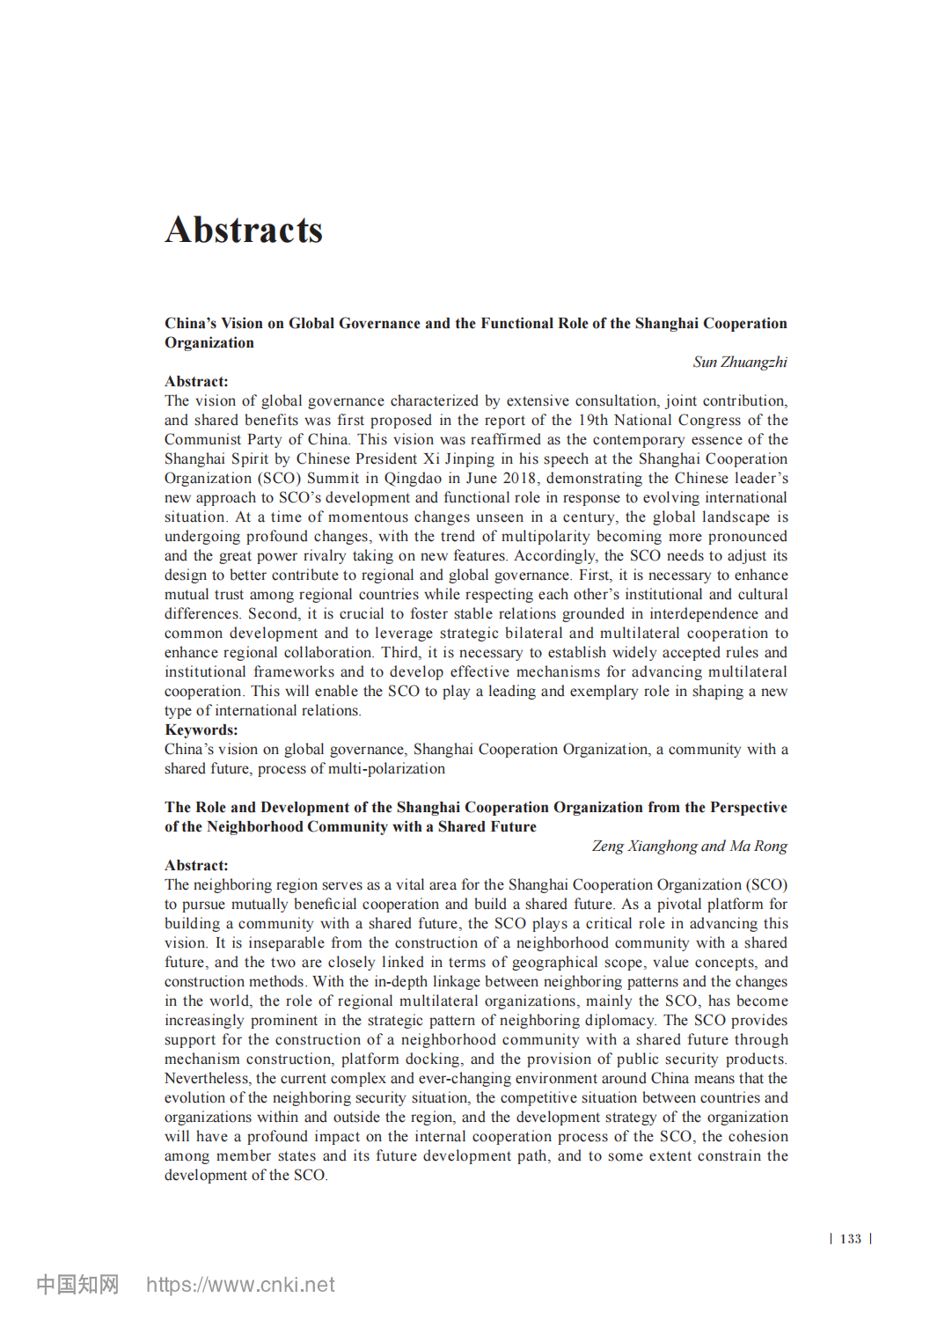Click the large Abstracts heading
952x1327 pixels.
(x=244, y=231)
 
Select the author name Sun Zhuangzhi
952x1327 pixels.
(x=739, y=363)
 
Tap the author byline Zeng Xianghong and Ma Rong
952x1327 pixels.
(x=689, y=847)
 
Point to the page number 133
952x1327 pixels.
(x=850, y=1239)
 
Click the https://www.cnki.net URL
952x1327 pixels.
(x=240, y=1285)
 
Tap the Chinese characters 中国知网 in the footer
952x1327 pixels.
(x=77, y=1285)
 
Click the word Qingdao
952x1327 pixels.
(x=413, y=479)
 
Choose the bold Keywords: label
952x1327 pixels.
(x=201, y=730)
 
